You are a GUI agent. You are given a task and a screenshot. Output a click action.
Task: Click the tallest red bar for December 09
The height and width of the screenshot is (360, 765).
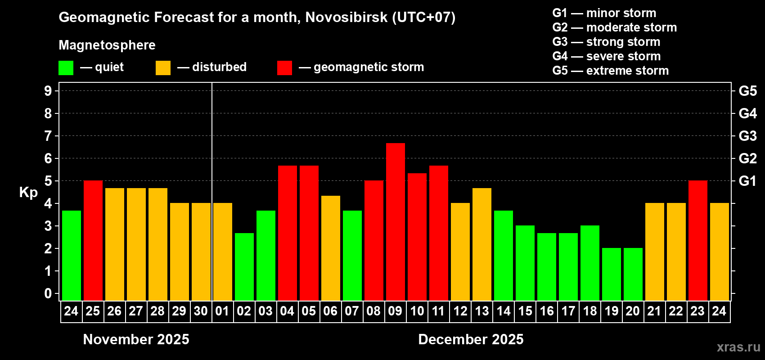[x=395, y=222]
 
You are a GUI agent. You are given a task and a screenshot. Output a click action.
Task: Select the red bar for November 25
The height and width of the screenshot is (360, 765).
[x=93, y=240]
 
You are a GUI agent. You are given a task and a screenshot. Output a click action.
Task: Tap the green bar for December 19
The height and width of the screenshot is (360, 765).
[x=611, y=274]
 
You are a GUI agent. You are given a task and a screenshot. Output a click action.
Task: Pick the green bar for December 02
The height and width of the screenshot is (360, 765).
[x=244, y=266]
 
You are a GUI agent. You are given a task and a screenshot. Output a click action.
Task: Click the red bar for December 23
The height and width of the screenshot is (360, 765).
[x=697, y=240]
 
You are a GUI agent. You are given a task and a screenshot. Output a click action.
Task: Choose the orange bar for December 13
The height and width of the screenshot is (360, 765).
[x=481, y=244]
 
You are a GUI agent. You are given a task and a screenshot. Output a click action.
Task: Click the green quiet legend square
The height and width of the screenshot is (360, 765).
[x=66, y=68]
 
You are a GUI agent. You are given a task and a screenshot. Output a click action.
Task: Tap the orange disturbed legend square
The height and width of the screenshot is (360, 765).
[x=163, y=68]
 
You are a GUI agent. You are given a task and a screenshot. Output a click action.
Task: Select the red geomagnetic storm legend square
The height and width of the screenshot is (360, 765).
[x=284, y=68]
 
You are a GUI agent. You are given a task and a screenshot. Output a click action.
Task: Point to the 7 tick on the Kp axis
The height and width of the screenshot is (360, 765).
[x=48, y=136]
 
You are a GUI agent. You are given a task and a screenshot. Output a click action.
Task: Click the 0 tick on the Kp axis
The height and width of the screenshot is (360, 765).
[x=48, y=293]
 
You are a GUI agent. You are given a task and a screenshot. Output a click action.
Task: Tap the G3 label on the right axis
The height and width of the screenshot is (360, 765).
[x=747, y=136]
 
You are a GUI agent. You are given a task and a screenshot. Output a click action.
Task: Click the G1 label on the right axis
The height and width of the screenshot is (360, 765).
[x=747, y=181]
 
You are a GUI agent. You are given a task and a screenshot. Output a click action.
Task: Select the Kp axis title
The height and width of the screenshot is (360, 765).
[x=28, y=193]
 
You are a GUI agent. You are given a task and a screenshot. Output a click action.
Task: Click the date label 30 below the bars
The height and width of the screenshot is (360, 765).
[x=201, y=311]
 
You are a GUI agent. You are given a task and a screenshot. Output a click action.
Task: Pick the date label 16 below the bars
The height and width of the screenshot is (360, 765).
[x=546, y=311]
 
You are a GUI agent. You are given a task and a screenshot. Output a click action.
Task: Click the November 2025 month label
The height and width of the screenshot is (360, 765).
[x=136, y=339]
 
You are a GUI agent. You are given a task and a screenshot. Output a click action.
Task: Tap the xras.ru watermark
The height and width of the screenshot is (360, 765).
[x=738, y=347]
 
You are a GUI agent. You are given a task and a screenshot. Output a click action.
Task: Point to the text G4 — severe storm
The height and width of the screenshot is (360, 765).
[x=606, y=56]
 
